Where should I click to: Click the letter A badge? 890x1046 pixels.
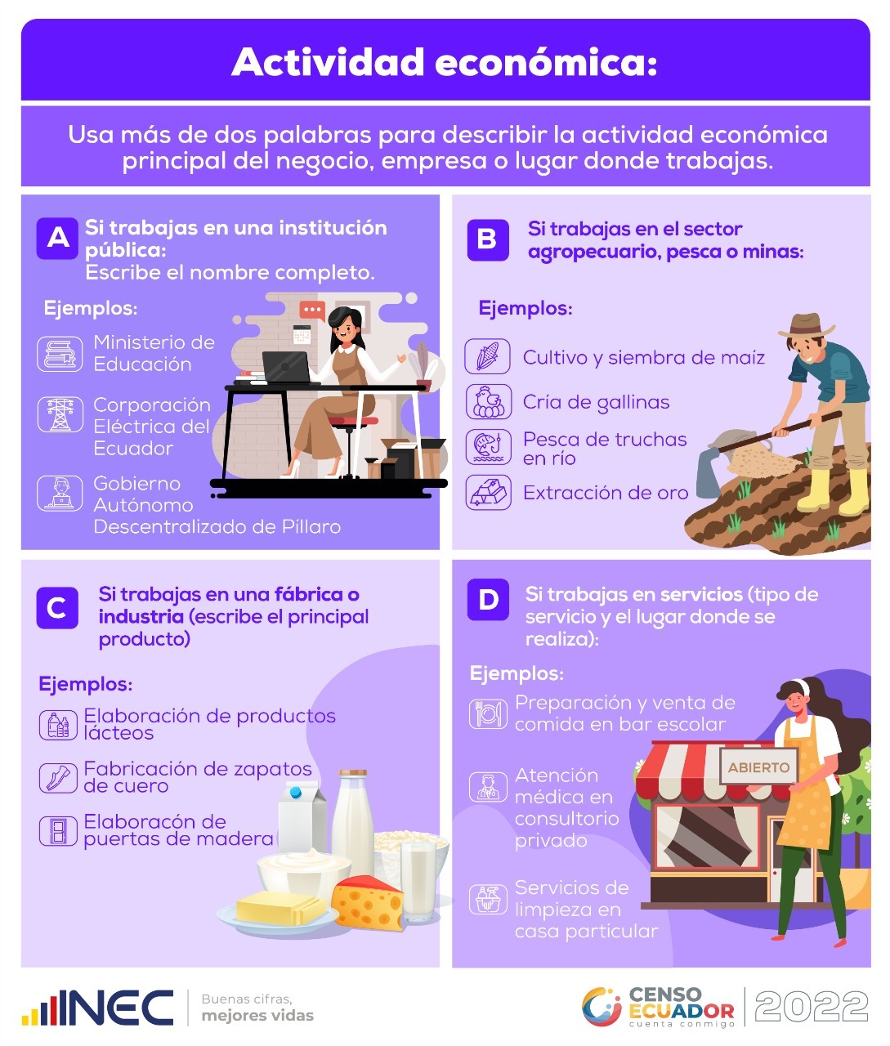57,239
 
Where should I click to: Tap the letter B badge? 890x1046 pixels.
488,240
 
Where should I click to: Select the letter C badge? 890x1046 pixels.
57,608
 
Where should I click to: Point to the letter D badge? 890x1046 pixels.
488,599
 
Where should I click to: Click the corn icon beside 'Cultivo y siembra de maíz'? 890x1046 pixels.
487,356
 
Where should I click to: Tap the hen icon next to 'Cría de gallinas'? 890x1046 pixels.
488,402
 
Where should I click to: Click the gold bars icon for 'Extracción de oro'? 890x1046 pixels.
488,493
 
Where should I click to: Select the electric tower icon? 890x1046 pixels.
60,414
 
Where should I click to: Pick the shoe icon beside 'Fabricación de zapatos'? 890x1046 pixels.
58,778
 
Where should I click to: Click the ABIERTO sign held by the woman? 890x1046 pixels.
758,767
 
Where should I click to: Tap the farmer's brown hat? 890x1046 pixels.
806,325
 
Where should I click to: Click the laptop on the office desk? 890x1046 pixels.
286,367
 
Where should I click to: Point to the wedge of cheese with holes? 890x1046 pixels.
368,902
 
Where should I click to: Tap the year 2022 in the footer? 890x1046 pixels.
812,1007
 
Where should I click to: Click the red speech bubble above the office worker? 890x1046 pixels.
312,311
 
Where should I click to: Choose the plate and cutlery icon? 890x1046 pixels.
488,714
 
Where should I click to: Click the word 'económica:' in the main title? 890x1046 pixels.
546,62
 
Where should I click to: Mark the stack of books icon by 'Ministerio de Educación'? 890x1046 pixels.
60,354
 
